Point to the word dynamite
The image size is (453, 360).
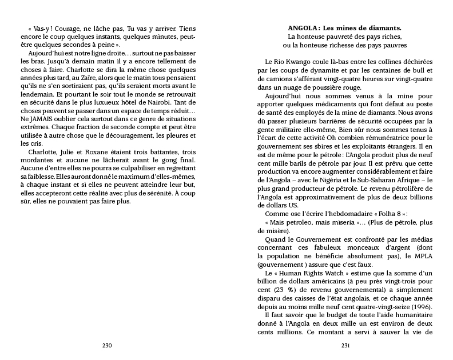[x=310, y=71]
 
